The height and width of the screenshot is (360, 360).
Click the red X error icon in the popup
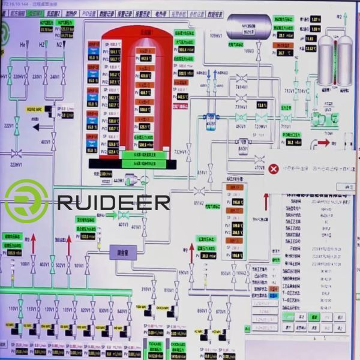274,169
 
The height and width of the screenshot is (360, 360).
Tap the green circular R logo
26,200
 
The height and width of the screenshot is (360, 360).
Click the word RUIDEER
114,202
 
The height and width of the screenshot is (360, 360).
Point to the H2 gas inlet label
41,45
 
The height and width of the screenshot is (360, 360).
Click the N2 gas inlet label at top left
59,45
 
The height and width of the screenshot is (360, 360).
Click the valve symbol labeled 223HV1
17,152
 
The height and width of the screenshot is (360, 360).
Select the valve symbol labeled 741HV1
242,78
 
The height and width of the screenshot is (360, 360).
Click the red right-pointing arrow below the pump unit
323,143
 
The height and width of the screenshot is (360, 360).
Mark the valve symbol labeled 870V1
221,320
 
